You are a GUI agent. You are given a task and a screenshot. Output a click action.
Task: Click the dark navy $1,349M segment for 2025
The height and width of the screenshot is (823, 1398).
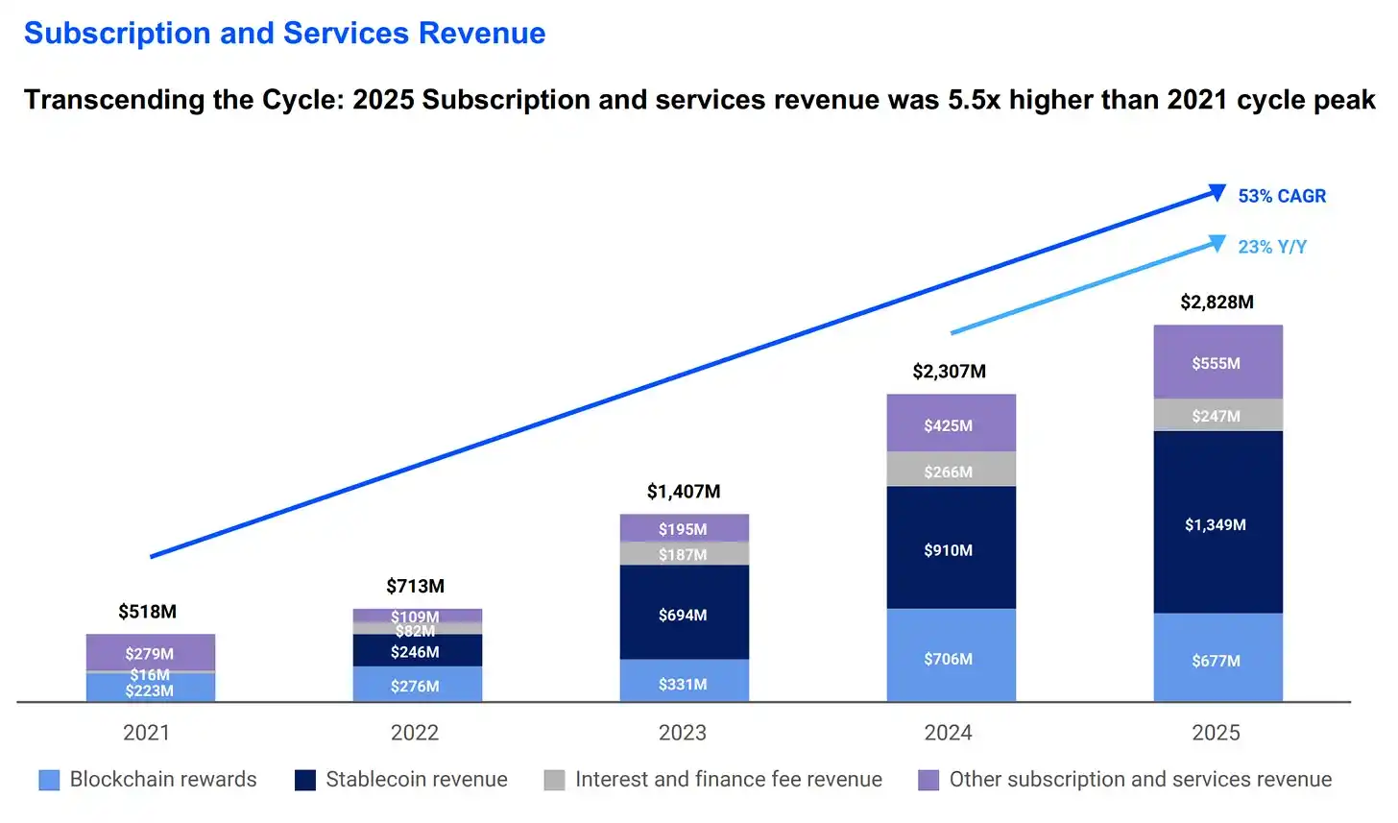(1217, 523)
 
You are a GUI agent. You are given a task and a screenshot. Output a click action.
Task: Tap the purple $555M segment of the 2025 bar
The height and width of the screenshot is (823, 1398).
(1217, 362)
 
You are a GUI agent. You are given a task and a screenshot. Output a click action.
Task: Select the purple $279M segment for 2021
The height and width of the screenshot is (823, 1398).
(150, 652)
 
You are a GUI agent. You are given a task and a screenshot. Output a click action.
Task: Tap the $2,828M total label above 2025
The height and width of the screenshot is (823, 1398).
(1217, 303)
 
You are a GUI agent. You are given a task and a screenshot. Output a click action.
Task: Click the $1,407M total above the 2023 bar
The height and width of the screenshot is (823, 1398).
(683, 492)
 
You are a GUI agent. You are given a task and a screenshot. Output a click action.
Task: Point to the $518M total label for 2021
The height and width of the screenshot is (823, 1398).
(147, 612)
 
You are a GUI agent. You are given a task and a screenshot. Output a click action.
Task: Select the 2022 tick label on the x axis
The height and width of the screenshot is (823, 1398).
(415, 733)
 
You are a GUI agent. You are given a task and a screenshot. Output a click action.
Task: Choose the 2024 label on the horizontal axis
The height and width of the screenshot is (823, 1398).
(948, 733)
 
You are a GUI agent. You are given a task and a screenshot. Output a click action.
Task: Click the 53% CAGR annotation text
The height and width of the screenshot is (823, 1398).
(1282, 196)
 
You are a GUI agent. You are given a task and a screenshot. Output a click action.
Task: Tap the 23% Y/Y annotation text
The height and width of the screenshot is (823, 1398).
(1272, 247)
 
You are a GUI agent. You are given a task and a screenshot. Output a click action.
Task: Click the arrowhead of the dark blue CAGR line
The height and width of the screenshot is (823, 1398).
(1217, 192)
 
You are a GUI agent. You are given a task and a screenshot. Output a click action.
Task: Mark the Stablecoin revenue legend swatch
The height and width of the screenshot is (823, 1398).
(305, 780)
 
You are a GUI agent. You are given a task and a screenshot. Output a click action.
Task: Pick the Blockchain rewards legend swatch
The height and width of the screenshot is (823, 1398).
(49, 780)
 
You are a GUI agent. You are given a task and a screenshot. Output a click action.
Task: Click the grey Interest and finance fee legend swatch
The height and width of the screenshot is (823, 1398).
(554, 780)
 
